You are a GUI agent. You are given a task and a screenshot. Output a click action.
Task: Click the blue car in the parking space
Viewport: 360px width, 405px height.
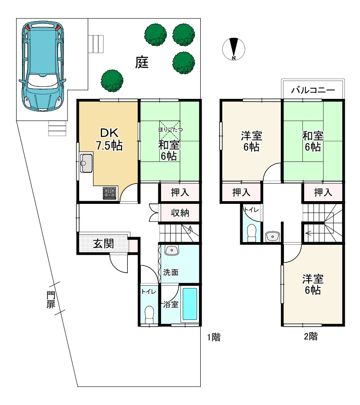42,67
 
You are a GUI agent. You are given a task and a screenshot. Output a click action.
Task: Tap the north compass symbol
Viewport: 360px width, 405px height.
234,49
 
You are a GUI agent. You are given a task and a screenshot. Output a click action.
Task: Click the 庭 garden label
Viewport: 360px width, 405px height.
142,62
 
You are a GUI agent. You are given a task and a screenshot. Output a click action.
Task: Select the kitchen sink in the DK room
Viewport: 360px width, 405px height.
86,163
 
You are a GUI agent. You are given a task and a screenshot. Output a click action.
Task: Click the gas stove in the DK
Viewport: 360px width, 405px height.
109,193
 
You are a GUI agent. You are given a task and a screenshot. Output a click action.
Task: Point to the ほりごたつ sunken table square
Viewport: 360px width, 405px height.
170,130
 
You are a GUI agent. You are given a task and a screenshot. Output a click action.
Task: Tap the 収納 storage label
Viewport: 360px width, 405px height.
180,213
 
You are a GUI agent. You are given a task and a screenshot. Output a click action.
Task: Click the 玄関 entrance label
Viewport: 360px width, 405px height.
103,243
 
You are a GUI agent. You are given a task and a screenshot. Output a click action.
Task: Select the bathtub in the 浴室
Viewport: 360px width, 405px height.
190,304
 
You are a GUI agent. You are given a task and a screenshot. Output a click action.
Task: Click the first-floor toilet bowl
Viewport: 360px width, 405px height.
149,315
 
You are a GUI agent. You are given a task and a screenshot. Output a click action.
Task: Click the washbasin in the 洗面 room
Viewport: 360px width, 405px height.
171,250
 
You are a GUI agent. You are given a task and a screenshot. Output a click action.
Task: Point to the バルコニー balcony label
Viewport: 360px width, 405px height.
313,90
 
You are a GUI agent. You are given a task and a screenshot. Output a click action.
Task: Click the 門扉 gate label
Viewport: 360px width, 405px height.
51,300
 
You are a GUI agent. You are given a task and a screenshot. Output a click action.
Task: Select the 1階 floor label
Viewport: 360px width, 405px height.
214,337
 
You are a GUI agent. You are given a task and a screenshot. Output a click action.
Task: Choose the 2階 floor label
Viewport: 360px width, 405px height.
310,336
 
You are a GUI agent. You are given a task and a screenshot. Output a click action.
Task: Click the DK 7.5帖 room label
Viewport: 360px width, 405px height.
109,139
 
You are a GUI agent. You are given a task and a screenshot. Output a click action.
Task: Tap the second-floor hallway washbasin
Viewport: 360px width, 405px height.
273,236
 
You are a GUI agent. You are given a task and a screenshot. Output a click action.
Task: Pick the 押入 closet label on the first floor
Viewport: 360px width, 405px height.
180,193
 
